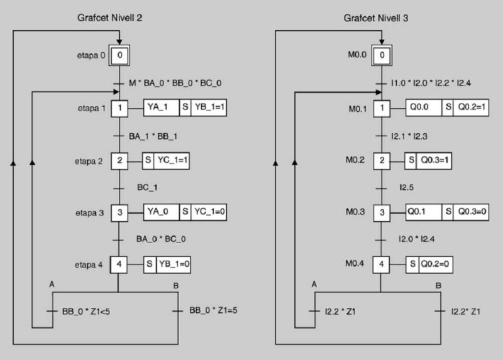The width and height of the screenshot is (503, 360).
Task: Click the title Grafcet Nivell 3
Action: (x=376, y=19)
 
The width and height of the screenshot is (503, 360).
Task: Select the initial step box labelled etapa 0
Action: (x=120, y=56)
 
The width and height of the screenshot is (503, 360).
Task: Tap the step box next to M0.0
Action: (x=380, y=56)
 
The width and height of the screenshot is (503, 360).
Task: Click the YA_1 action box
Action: (x=162, y=109)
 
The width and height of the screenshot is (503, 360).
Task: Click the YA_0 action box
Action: (x=162, y=212)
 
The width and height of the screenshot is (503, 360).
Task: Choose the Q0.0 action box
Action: (x=424, y=109)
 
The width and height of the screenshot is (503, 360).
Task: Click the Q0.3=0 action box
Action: (x=471, y=212)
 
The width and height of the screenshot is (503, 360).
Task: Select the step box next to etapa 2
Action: (x=120, y=160)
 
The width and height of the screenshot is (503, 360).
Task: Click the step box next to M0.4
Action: (x=380, y=264)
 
